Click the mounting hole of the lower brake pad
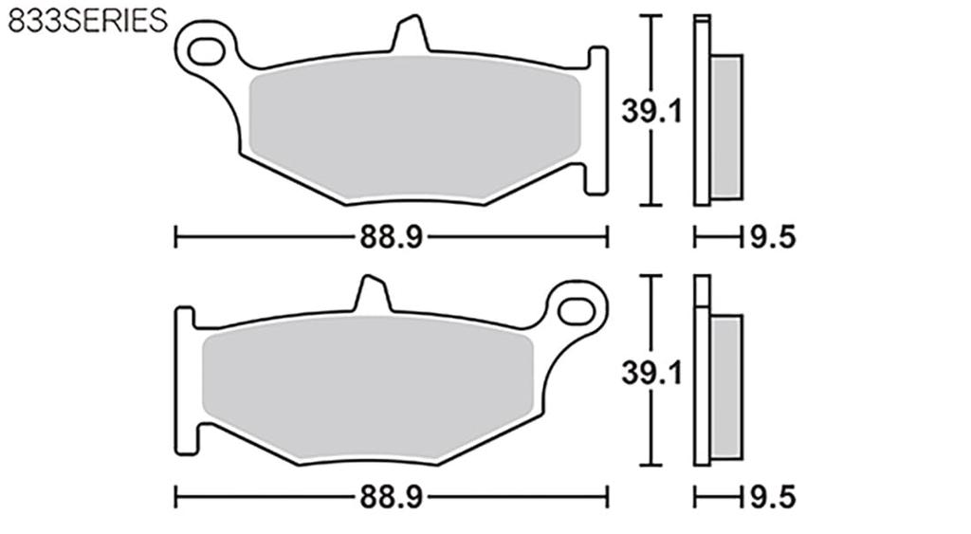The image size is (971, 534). (x=575, y=309)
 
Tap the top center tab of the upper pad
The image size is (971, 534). (x=410, y=36)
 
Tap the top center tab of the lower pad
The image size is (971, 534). (x=372, y=295)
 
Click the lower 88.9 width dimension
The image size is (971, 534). (x=389, y=495)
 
